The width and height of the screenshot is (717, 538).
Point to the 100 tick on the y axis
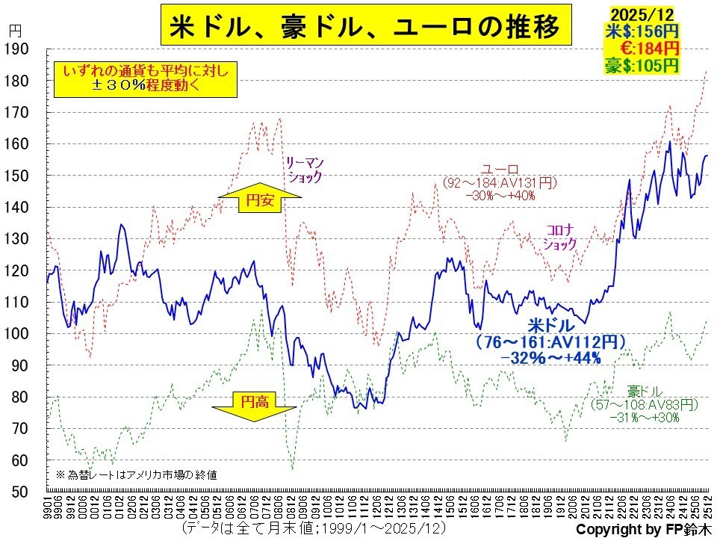(x=16, y=333)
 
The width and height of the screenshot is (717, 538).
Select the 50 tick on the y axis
(x=16, y=492)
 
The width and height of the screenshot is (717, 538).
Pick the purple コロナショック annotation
(x=560, y=237)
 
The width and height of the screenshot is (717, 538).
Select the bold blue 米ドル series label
(x=551, y=326)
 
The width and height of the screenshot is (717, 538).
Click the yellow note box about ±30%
(x=144, y=78)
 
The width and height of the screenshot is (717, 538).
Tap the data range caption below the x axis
(x=314, y=528)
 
